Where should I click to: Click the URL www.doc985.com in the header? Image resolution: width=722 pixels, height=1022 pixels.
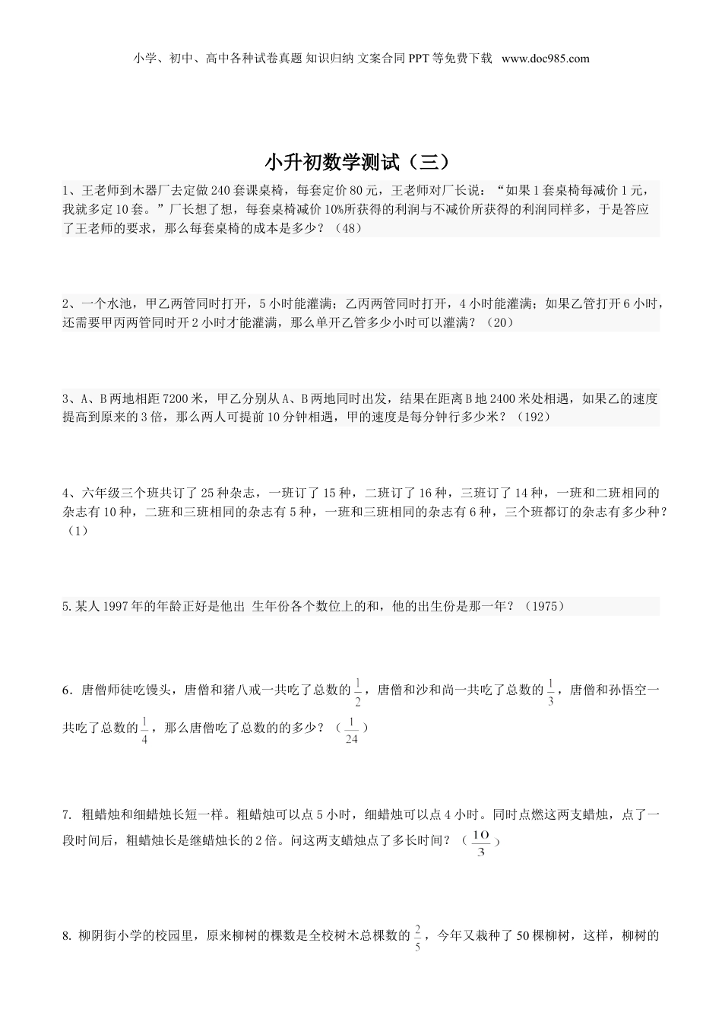pos(546,59)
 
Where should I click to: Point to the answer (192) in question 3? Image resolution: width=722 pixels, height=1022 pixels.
pos(531,417)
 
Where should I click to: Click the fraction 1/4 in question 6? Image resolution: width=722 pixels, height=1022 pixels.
pos(144,728)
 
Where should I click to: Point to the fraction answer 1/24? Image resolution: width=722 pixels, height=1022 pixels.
pos(351,728)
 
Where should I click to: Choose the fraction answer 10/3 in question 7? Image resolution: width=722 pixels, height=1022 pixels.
pos(480,842)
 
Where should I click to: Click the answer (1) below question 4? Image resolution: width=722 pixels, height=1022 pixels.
pos(76,531)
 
